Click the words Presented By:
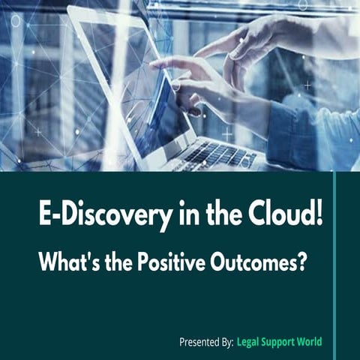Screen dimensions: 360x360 pyautogui.click(x=205, y=342)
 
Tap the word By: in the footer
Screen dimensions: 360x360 pyautogui.click(x=223, y=342)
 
